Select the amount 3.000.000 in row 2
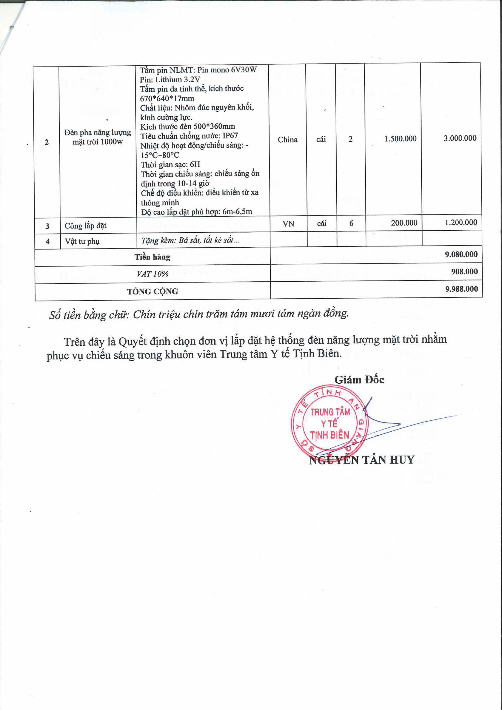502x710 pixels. (460, 138)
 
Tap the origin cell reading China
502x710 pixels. (287, 140)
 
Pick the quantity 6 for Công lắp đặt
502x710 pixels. (351, 223)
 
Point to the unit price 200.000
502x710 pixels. (404, 223)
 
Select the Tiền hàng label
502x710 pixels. (152, 257)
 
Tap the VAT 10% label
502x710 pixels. (152, 274)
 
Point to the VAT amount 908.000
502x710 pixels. (464, 272)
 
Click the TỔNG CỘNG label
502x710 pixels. (152, 291)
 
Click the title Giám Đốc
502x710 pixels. (359, 380)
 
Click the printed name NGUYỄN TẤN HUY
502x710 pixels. (361, 460)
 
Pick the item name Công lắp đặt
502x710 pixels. (85, 226)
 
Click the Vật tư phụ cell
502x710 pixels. (82, 241)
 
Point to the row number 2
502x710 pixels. (47, 142)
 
